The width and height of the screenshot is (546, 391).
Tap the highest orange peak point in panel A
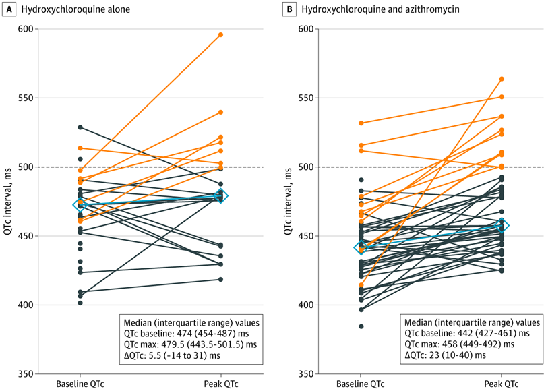click(221, 34)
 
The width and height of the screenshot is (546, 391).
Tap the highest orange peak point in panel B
click(502, 79)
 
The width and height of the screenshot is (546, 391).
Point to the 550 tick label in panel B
click(305, 98)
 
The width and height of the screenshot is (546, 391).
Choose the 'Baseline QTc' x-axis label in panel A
click(80, 384)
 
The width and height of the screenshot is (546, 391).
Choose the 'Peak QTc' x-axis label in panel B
click(502, 384)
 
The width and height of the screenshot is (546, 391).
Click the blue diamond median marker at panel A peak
click(221, 195)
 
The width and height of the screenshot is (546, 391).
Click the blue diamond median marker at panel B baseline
click(361, 247)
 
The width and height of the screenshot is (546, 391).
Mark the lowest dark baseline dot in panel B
click(361, 326)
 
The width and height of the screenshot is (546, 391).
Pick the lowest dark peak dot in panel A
click(221, 279)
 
